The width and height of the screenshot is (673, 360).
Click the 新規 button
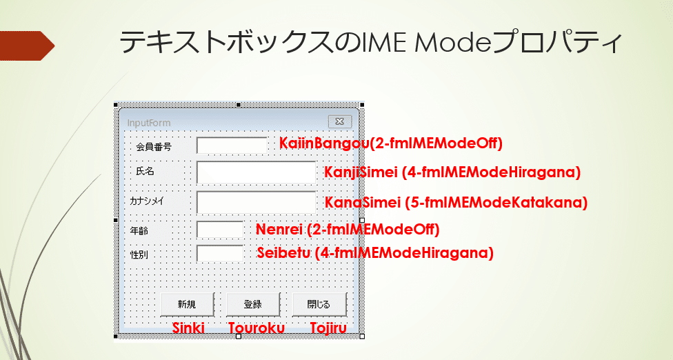(x=187, y=304)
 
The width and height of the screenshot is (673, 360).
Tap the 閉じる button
(x=319, y=304)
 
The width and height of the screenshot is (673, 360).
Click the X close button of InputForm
(x=339, y=122)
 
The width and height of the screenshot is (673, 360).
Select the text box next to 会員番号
(x=232, y=146)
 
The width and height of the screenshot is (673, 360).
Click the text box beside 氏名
(x=257, y=172)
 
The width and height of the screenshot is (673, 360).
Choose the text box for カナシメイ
(x=257, y=202)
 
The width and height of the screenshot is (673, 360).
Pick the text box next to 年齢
(x=220, y=230)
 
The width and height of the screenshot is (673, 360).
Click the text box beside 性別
(x=220, y=254)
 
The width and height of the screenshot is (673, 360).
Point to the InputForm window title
(x=148, y=123)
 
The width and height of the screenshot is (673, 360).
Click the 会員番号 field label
(x=154, y=147)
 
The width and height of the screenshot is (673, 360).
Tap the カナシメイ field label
(x=147, y=201)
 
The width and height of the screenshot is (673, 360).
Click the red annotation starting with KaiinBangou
(x=390, y=143)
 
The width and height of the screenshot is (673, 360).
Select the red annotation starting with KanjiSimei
(x=452, y=172)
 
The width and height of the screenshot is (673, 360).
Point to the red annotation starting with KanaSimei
(x=456, y=202)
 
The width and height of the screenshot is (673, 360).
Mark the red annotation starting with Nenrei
(x=348, y=230)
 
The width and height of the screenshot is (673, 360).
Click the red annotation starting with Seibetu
(x=375, y=253)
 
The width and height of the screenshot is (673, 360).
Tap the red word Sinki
(x=188, y=328)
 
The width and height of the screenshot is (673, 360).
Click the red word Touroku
(x=257, y=328)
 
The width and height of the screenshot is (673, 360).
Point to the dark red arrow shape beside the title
(x=27, y=46)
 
